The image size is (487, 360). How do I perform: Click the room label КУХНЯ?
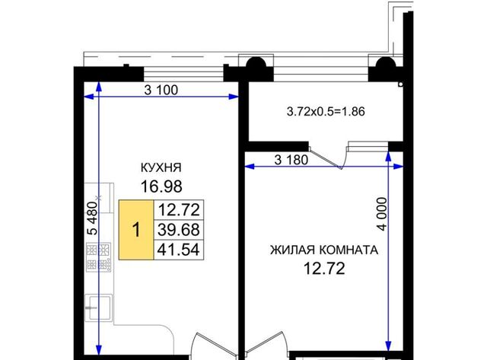pyautogui.click(x=161, y=167)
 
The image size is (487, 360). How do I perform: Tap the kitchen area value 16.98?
pyautogui.click(x=161, y=186)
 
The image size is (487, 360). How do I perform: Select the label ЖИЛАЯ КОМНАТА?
pyautogui.click(x=324, y=250)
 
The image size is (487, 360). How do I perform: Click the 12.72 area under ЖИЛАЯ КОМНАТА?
pyautogui.click(x=324, y=269)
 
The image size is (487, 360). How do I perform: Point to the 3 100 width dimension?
pyautogui.click(x=161, y=90)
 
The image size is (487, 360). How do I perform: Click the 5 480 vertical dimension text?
pyautogui.click(x=93, y=218)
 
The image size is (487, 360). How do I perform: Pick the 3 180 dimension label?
pyautogui.click(x=291, y=160)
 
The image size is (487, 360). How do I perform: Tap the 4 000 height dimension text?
pyautogui.click(x=382, y=214)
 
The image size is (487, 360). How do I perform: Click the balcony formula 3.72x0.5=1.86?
pyautogui.click(x=326, y=112)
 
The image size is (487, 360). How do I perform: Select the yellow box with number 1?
pyautogui.click(x=136, y=230)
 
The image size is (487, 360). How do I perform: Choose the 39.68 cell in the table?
pyautogui.click(x=179, y=230)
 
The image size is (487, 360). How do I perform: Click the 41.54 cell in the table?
pyautogui.click(x=179, y=250)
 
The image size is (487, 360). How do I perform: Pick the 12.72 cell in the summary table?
pyautogui.click(x=179, y=210)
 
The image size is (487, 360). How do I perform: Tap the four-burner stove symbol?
pyautogui.click(x=98, y=256)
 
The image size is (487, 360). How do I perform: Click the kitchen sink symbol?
pyautogui.click(x=98, y=308)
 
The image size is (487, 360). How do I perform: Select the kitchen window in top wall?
pyautogui.click(x=183, y=75)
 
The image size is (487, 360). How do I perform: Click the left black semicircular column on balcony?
pyautogui.click(x=256, y=64)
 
